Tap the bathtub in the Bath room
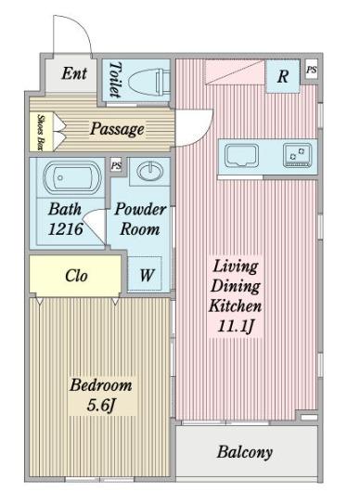72,177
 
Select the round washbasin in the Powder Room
150,171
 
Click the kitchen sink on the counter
241,156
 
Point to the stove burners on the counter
297,155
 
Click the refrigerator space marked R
283,76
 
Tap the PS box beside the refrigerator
312,70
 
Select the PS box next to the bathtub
116,165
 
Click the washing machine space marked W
145,275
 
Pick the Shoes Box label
41,132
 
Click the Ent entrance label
74,73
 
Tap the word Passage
117,129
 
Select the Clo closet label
76,276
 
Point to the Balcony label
244,452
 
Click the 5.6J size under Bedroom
101,406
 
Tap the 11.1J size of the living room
236,327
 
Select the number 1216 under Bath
66,229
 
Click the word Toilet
115,80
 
